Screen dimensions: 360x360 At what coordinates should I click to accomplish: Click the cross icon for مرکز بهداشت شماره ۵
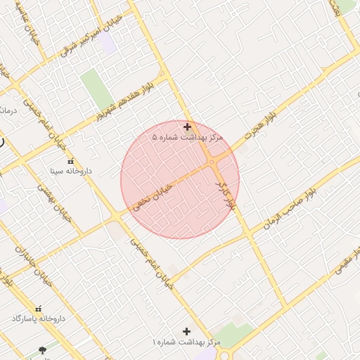click(x=187, y=127)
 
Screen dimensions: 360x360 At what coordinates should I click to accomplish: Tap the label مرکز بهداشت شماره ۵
click(x=187, y=138)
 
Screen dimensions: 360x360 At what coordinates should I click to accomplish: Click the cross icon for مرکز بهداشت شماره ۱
click(x=186, y=331)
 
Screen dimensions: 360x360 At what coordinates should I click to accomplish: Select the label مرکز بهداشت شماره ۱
click(x=186, y=342)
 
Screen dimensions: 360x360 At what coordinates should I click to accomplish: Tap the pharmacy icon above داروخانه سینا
click(x=69, y=162)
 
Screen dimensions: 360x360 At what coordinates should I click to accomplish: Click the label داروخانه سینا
click(x=69, y=171)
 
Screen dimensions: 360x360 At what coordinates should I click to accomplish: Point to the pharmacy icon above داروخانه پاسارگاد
click(x=38, y=309)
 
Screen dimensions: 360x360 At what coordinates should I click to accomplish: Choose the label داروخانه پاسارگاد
click(x=38, y=319)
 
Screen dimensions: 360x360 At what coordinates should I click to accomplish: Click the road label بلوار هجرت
click(x=262, y=124)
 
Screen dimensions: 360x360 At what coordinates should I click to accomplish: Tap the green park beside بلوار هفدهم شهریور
click(x=96, y=89)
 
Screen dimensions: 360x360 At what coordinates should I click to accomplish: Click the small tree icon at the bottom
click(x=42, y=349)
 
